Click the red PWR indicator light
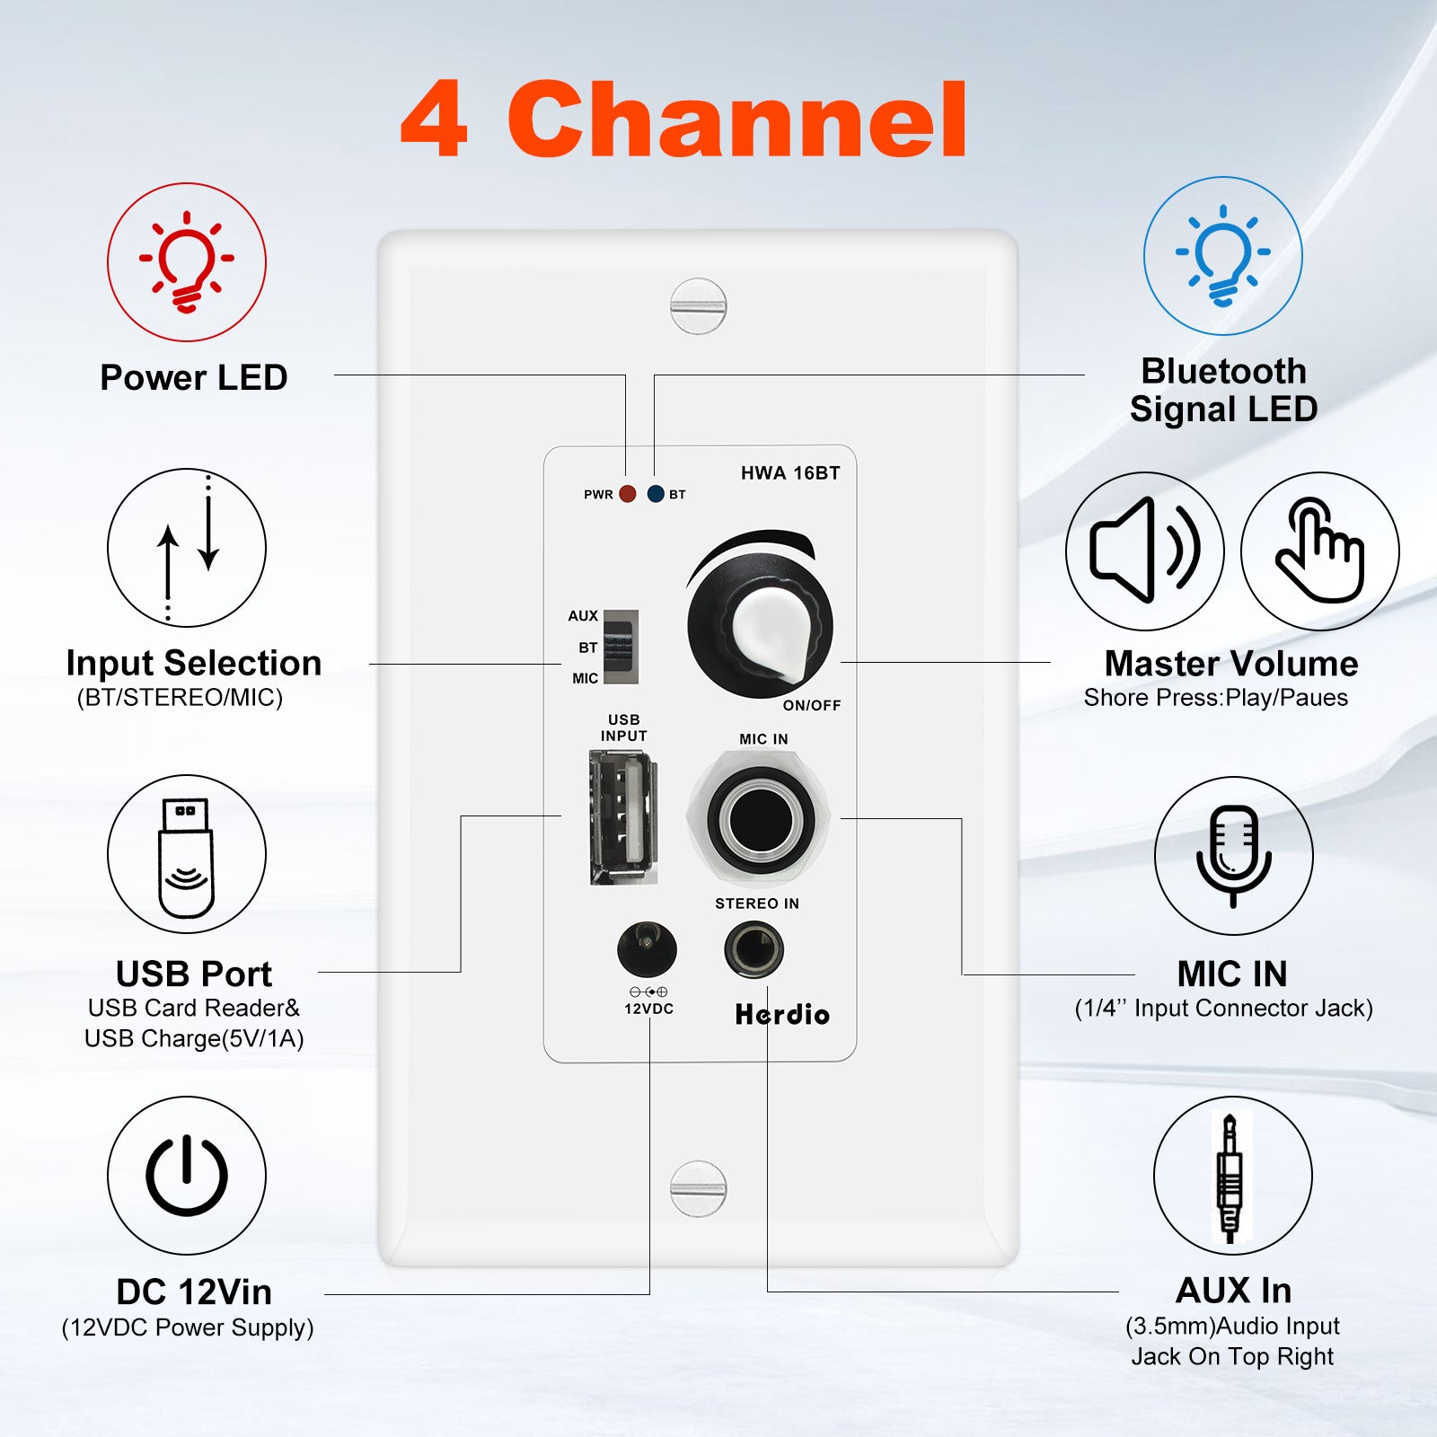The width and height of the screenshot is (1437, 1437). [628, 494]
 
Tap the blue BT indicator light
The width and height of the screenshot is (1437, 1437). [656, 494]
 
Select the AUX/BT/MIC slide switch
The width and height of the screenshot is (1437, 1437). [621, 647]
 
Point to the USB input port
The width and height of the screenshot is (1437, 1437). [623, 817]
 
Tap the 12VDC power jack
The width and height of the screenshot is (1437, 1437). [647, 949]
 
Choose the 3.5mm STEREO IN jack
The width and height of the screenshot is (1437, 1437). [754, 950]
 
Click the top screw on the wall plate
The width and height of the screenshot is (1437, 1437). [698, 306]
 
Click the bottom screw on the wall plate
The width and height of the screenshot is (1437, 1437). [698, 1188]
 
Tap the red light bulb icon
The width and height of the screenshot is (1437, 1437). [187, 262]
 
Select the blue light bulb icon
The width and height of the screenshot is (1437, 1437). [1223, 256]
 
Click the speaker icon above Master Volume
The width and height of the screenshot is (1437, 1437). [1145, 550]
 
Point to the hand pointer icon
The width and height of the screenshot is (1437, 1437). [1320, 550]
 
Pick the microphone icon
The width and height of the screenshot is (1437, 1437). [1233, 855]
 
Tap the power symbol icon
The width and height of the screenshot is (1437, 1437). [187, 1175]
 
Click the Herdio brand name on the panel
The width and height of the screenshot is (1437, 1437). [782, 1014]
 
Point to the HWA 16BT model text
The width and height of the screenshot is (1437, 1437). [790, 473]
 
